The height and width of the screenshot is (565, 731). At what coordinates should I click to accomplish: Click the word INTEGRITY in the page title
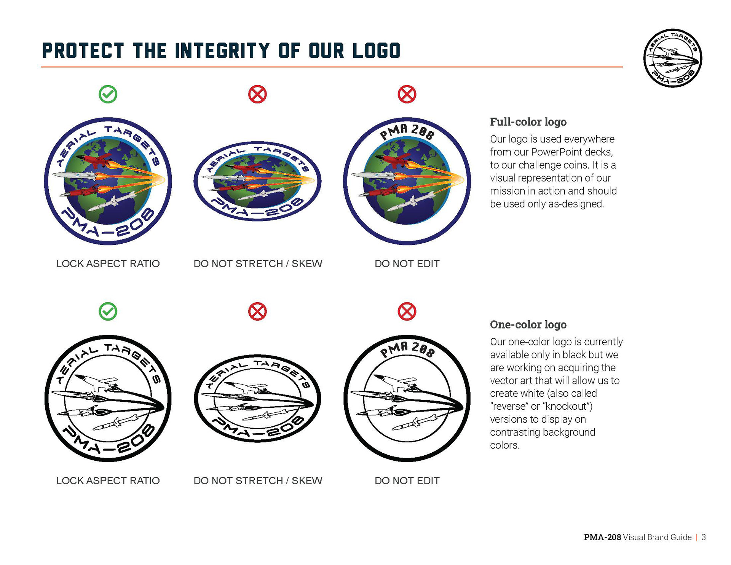pos(222,51)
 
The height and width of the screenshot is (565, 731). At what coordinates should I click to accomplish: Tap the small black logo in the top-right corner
pos(672,58)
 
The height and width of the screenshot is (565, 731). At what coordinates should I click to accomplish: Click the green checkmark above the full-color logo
pos(108,94)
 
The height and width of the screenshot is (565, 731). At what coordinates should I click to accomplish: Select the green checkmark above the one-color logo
pos(108,311)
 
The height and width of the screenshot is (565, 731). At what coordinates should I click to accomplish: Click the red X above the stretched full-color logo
pos(257,94)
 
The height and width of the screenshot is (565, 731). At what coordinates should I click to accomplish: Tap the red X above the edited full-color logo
pos(407,94)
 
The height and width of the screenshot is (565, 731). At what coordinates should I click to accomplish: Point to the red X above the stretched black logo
pos(257,311)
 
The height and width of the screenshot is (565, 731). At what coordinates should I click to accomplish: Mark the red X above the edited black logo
pos(407,311)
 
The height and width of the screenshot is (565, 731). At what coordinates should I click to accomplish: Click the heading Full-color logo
pos(528,122)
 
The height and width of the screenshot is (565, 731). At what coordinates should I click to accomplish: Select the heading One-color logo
pos(528,324)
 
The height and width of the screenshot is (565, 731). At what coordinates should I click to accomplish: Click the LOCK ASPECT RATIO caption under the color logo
pos(108,263)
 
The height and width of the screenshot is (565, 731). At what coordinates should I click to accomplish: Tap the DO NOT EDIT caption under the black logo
pos(407,480)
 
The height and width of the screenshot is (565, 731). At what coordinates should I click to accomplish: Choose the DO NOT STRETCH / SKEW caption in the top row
pos(258,263)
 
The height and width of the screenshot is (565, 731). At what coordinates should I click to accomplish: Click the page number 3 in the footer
pos(704,537)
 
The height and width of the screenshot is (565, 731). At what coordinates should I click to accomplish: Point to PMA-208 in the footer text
pos(602,537)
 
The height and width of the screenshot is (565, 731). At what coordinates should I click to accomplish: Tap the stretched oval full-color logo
pos(257,181)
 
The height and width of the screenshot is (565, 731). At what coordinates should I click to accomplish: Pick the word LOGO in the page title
pos(376,51)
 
